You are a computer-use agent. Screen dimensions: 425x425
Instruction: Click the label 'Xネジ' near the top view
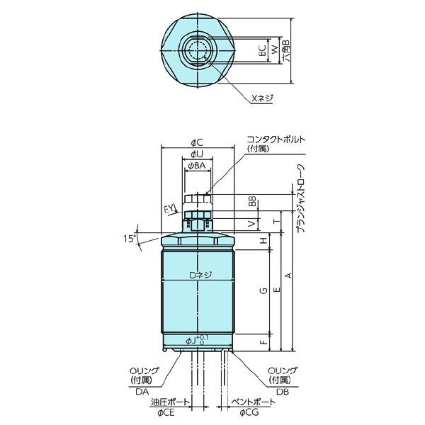click(x=262, y=98)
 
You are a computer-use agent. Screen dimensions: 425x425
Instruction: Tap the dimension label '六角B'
click(x=286, y=52)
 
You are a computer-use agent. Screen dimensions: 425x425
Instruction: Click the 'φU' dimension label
click(x=198, y=154)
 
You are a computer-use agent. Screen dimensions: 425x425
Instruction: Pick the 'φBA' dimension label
click(x=197, y=165)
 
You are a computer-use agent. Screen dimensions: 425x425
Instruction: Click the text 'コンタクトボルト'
click(x=275, y=140)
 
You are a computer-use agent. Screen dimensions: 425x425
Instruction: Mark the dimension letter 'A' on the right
click(x=286, y=275)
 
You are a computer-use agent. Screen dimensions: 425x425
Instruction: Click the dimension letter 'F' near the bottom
click(x=263, y=341)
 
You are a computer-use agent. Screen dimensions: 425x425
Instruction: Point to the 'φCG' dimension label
click(x=249, y=412)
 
